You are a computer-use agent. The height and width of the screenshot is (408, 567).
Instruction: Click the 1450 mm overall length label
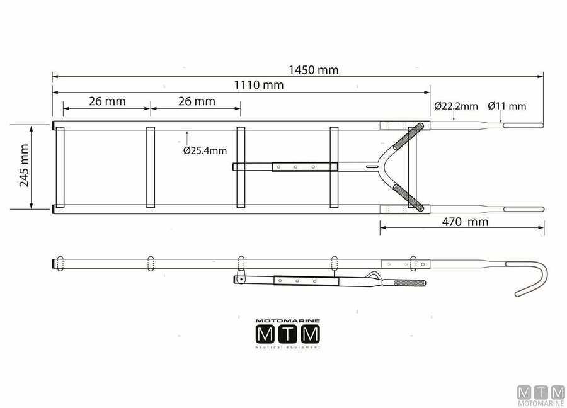[314, 70]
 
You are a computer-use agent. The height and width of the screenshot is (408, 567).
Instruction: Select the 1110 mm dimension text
[258, 85]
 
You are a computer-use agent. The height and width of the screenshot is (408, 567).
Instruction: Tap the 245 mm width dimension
[24, 166]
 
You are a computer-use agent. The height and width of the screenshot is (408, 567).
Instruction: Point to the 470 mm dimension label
[465, 222]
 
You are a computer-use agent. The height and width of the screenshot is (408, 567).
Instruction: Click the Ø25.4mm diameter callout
[205, 150]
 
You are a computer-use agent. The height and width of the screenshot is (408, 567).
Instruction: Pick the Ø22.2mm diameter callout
[456, 106]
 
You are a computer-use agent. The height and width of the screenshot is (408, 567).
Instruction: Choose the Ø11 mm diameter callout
[507, 106]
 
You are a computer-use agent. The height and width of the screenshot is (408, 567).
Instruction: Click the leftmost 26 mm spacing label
[107, 101]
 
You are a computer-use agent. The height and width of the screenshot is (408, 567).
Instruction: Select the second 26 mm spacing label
[197, 101]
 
